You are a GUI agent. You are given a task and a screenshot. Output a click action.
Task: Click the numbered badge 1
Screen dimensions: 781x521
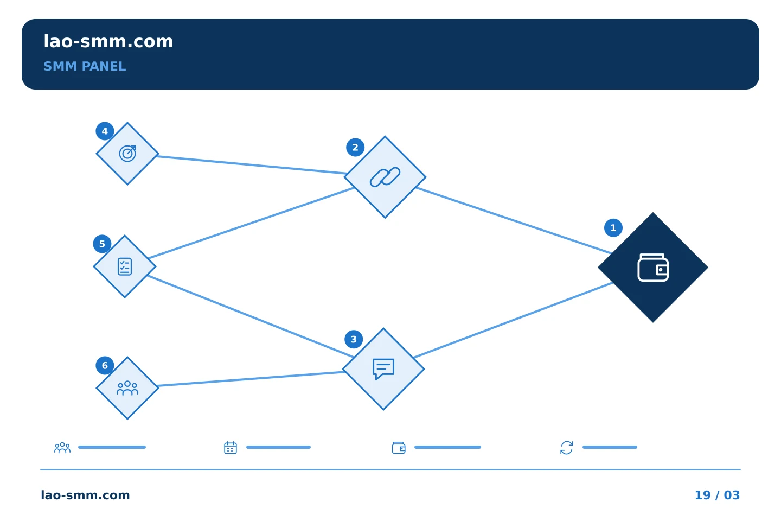click(613, 228)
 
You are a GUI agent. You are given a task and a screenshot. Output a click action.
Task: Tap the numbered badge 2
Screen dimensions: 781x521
click(355, 147)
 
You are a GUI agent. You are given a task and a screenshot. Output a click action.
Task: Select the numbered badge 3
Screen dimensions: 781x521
click(354, 339)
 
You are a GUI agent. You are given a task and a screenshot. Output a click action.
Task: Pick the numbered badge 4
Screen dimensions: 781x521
click(105, 131)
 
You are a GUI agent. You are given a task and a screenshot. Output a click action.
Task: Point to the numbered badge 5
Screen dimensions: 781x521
click(102, 244)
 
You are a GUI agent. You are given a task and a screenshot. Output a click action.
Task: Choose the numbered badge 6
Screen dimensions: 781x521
click(105, 365)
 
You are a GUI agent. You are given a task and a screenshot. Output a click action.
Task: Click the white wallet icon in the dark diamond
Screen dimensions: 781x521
click(652, 268)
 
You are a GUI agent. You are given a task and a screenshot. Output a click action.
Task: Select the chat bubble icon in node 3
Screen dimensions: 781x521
click(383, 369)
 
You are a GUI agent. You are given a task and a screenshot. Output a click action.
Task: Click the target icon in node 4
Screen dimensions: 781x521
click(127, 154)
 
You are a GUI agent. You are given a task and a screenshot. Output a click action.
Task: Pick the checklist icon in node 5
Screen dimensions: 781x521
click(125, 266)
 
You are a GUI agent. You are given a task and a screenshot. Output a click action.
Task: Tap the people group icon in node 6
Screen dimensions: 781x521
click(127, 389)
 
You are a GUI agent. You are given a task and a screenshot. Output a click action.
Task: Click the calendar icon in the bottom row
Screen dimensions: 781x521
click(230, 447)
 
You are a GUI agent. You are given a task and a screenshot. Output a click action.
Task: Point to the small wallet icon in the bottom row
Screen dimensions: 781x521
click(399, 448)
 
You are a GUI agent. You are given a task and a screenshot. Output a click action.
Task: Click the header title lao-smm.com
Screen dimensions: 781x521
click(108, 41)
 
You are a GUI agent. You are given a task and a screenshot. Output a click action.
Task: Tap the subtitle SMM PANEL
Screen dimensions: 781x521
click(85, 66)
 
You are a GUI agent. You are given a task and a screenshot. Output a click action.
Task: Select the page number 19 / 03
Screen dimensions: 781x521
click(717, 495)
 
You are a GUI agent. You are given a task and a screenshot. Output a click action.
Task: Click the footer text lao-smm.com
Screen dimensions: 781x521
click(85, 495)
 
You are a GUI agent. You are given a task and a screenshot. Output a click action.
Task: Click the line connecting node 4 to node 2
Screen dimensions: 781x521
click(251, 164)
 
